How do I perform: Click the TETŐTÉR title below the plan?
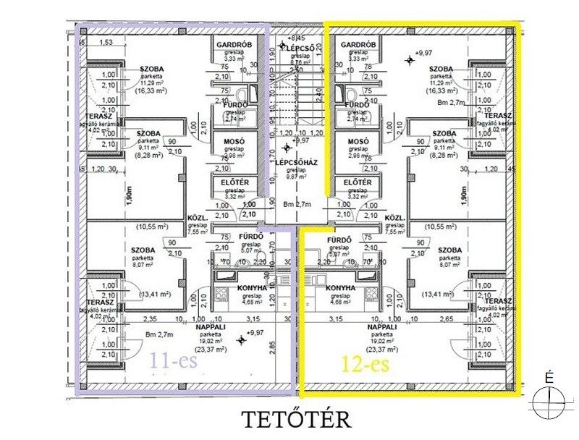(296, 419)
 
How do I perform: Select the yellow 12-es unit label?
(365, 362)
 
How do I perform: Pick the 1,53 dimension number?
(107, 43)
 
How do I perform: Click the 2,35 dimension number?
(151, 318)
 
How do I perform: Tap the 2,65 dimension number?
(445, 318)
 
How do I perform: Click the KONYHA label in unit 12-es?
(340, 287)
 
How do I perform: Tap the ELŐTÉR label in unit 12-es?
(358, 182)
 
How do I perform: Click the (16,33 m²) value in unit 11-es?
(153, 92)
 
